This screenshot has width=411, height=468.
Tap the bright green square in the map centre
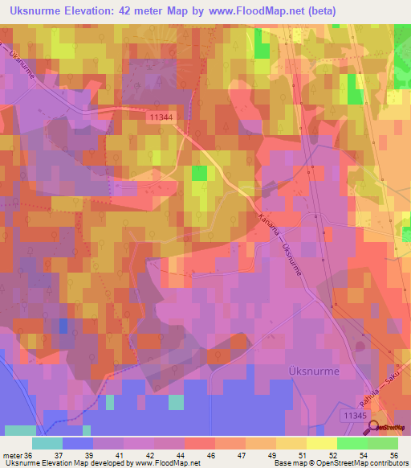click(199, 173)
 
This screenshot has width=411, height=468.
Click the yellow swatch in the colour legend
click(291, 443)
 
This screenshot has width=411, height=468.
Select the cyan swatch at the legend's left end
click(47, 443)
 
